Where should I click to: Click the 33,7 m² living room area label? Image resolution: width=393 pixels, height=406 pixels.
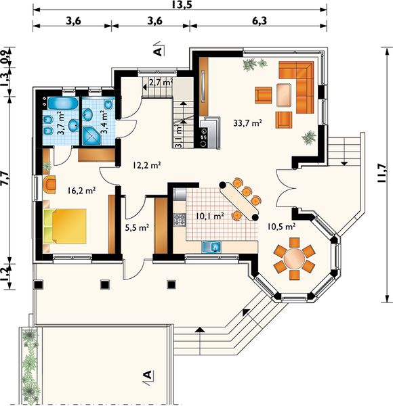[x=247, y=122]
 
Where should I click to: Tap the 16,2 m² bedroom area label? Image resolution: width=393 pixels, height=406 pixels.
[x=81, y=191]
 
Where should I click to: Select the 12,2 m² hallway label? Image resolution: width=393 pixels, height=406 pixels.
[x=147, y=165]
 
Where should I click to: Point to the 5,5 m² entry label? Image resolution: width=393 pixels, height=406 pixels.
[x=137, y=228]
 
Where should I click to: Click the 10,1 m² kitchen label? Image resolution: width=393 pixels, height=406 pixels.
[x=210, y=216]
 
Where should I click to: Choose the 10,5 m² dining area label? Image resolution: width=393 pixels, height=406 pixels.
[x=281, y=227]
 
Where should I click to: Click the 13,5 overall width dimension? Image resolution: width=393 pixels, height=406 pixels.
[x=182, y=5]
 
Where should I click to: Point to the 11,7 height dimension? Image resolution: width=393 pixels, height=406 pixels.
[x=382, y=173]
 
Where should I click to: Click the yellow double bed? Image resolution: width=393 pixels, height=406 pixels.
[x=65, y=226]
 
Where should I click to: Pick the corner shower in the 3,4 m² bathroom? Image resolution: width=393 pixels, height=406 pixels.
[x=92, y=136]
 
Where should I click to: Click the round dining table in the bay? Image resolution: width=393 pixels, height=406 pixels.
[x=294, y=258]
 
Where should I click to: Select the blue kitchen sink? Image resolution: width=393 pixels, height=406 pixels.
[x=211, y=247]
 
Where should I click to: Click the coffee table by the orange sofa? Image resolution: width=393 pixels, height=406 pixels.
[x=284, y=95]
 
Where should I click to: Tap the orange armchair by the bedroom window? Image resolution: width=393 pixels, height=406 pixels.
[x=49, y=184]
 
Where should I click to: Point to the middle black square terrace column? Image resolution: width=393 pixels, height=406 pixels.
[x=105, y=284]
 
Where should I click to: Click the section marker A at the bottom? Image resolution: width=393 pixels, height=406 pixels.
[x=148, y=375]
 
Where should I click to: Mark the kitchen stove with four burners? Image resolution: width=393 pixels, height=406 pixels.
[x=180, y=219]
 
